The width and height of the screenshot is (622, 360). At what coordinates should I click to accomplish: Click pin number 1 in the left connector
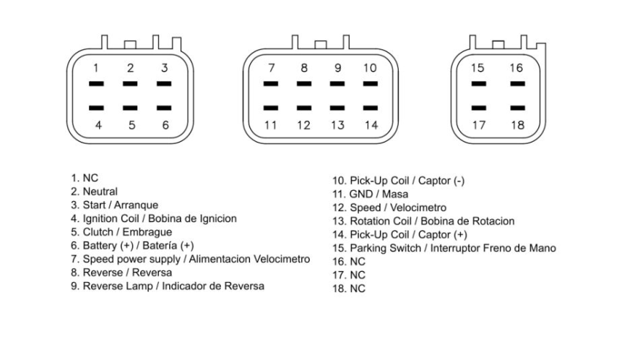pyautogui.click(x=95, y=68)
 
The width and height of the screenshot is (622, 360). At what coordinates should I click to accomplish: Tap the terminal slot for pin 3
pyautogui.click(x=164, y=84)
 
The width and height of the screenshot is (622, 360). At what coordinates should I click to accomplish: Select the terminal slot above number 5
pyautogui.click(x=130, y=108)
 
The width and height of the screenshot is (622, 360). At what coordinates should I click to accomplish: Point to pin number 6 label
pyautogui.click(x=165, y=125)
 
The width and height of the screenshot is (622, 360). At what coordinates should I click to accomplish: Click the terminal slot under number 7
pyautogui.click(x=270, y=84)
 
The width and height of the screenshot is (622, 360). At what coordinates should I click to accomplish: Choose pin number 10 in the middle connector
pyautogui.click(x=370, y=68)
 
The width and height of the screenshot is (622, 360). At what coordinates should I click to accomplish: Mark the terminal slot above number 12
pyautogui.click(x=304, y=108)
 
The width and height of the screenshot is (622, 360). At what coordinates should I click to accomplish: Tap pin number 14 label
pyautogui.click(x=371, y=125)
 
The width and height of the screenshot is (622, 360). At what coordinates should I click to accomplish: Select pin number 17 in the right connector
pyautogui.click(x=479, y=125)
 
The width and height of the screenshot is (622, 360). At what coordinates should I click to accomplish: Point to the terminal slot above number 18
pyautogui.click(x=518, y=108)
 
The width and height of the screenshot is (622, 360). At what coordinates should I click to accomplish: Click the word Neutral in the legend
pyautogui.click(x=100, y=192)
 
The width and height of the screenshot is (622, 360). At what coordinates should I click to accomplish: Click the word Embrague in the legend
pyautogui.click(x=147, y=233)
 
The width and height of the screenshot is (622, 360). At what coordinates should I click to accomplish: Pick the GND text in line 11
pyautogui.click(x=361, y=194)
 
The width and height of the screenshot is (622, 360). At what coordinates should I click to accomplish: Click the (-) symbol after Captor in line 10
pyautogui.click(x=459, y=181)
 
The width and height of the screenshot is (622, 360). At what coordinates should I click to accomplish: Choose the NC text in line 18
pyautogui.click(x=358, y=288)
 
